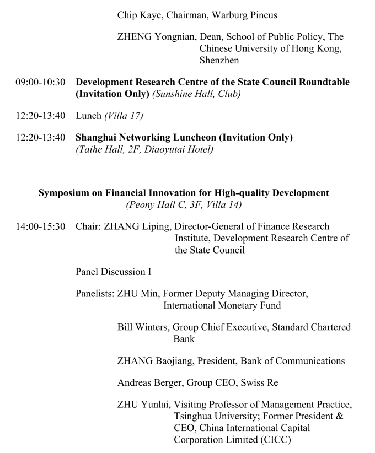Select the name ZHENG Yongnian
(157, 37)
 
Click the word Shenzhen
(219, 60)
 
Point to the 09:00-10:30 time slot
(40, 82)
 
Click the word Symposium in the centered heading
(62, 193)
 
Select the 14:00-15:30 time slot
(40, 227)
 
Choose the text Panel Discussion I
(114, 271)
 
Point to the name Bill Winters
(141, 327)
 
